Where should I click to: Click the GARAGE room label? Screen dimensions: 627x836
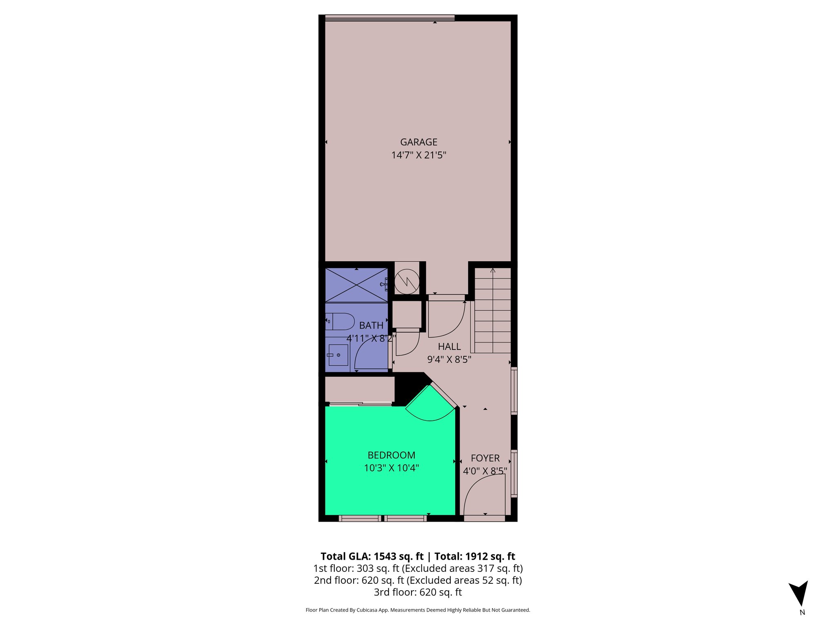click(x=418, y=142)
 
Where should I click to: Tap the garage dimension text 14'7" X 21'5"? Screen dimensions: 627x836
click(x=418, y=155)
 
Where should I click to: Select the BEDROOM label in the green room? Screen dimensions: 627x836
click(x=391, y=455)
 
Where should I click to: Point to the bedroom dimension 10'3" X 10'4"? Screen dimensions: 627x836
click(x=391, y=468)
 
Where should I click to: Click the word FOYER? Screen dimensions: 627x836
click(x=485, y=458)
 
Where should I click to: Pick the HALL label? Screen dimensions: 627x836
click(x=449, y=347)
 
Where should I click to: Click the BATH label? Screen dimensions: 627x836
click(x=371, y=325)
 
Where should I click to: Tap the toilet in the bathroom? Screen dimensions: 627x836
click(x=339, y=321)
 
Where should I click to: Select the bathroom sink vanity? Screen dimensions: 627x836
click(x=338, y=355)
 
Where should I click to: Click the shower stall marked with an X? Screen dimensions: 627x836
click(x=356, y=285)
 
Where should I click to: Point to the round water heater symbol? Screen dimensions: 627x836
click(x=407, y=281)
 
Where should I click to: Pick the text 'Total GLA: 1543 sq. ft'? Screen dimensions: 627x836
click(x=372, y=556)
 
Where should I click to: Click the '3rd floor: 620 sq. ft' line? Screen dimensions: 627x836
click(x=418, y=592)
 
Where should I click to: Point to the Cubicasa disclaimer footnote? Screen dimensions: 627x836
click(x=418, y=610)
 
